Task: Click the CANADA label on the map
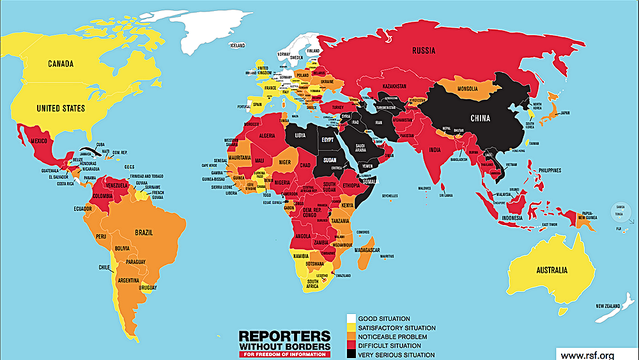click(x=60, y=64)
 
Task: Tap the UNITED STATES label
click(x=61, y=109)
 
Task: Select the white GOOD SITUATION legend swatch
click(x=351, y=318)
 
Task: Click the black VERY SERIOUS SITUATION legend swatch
click(x=351, y=355)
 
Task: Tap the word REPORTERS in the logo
click(x=284, y=336)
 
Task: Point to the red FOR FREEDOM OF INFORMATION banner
click(x=284, y=354)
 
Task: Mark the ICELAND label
click(x=237, y=45)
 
